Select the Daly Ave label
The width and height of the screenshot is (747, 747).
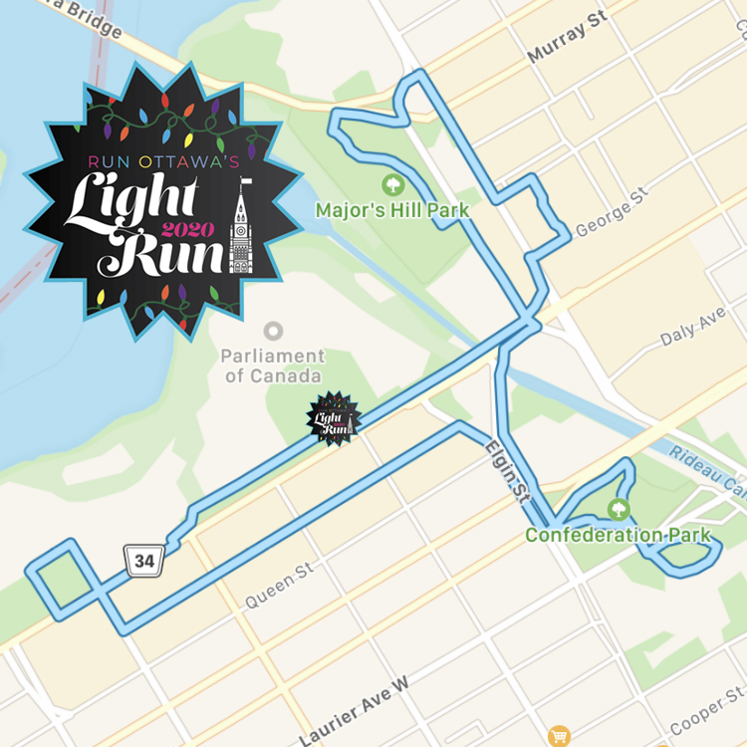(693, 329)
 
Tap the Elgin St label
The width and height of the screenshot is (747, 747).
(506, 470)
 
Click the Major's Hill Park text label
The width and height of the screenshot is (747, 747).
(391, 211)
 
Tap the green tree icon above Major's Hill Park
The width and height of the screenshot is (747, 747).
(392, 185)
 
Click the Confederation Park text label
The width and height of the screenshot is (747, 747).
(618, 535)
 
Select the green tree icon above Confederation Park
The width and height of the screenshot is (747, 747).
(619, 509)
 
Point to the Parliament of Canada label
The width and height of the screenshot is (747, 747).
(273, 366)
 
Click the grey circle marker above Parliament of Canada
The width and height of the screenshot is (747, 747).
(273, 331)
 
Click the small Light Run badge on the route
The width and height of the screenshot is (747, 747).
(333, 418)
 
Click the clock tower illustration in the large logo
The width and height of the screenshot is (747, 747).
(240, 229)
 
